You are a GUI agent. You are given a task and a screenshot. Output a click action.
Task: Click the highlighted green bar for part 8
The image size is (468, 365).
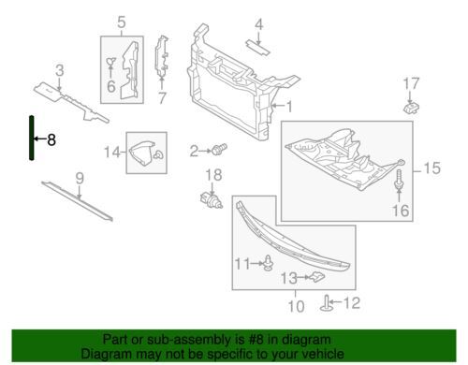[32, 138]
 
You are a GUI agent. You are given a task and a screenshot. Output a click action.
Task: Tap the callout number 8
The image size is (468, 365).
[51, 139]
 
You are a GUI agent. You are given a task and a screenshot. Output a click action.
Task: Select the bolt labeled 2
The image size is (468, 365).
[219, 149]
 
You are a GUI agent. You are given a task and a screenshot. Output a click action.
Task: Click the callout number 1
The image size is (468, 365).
[289, 107]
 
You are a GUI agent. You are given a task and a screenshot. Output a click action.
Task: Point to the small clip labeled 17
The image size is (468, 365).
[412, 108]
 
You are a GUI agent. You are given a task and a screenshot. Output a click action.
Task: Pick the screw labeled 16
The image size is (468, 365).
[399, 180]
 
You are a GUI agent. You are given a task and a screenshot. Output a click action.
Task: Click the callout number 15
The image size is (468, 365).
[431, 168]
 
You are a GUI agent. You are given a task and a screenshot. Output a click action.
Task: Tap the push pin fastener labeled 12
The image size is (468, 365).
[326, 303]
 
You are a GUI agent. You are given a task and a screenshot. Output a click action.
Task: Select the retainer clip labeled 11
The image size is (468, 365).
[269, 263]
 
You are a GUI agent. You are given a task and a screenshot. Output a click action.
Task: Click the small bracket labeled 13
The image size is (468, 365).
[315, 277]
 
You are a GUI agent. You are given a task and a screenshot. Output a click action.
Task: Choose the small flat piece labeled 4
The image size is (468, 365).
[258, 47]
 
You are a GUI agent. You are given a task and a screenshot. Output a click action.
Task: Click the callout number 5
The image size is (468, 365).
[122, 22]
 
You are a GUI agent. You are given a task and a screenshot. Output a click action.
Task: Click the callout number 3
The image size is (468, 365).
[60, 71]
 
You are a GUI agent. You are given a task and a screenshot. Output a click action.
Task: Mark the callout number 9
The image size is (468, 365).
[80, 179]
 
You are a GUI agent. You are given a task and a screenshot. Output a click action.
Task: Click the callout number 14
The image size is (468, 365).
[112, 153]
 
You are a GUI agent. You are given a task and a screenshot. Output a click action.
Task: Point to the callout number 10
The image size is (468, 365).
[296, 306]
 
